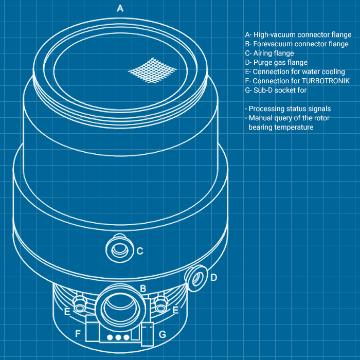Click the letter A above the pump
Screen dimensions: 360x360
pos(120,8)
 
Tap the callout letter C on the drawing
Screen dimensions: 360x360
pos(140,251)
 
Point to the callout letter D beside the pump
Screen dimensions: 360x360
pos(214,277)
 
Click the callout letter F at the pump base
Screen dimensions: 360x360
pos(78,334)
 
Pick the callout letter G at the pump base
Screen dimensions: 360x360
pos(162,334)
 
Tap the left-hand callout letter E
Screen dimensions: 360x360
pos(67,311)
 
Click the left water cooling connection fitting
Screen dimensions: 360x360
pos(80,307)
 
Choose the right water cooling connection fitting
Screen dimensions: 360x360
pos(161,307)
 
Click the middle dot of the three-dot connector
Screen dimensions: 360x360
pos(118,337)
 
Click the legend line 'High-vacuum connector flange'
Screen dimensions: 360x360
pos(298,35)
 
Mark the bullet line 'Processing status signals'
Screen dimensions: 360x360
pos(288,109)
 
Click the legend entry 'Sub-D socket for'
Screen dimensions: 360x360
pos(276,91)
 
